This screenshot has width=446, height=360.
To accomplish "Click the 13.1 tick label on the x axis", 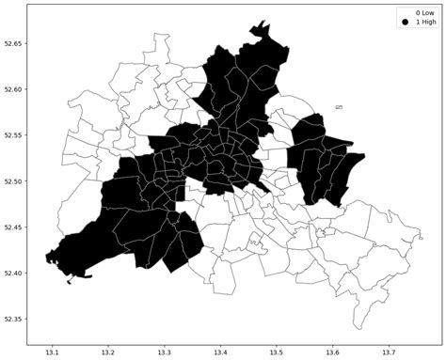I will click(53, 352).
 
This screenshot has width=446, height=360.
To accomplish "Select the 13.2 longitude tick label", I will click(108, 352).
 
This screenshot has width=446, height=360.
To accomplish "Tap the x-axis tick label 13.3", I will click(164, 352).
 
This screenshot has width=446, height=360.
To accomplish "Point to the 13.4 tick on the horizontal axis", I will click(220, 352).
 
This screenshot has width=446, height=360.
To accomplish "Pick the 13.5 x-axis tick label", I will click(276, 352).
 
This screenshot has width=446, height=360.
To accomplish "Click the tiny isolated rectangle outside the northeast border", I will click(339, 107).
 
